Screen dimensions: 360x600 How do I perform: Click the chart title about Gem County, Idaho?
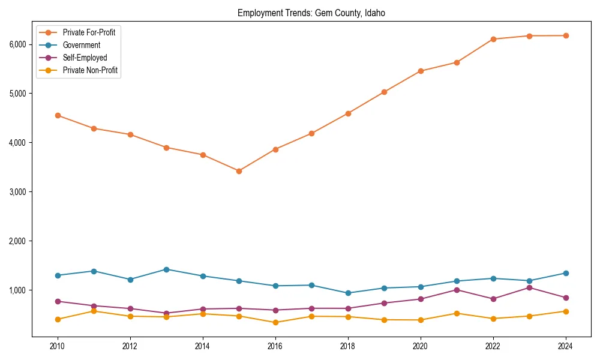[315, 13]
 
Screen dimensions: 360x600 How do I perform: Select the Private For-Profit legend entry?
[89, 32]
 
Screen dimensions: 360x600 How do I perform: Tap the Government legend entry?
[81, 45]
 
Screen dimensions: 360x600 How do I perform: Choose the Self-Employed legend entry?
[85, 58]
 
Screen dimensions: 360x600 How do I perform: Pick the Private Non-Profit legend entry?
[90, 70]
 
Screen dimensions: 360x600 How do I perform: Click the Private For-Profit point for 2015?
[239, 171]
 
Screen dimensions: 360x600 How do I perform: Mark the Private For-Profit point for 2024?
[566, 35]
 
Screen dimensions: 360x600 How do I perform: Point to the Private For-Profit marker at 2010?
[58, 115]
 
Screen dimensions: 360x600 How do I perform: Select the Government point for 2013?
[166, 269]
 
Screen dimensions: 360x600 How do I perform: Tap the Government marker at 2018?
[348, 293]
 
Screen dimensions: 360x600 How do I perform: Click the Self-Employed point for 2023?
[529, 287]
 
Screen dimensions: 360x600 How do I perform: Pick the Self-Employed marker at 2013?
[166, 313]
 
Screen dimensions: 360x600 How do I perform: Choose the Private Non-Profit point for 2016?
[275, 322]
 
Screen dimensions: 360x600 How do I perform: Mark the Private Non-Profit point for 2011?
[94, 311]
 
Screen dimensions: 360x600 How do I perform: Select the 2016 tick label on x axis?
[275, 346]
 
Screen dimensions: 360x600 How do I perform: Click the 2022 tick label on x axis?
[493, 346]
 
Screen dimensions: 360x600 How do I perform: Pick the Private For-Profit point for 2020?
[421, 71]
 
